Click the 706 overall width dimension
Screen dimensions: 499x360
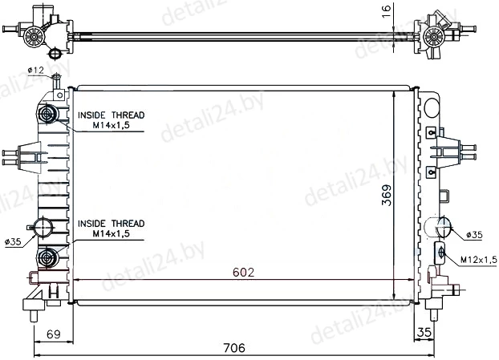pos(234,348)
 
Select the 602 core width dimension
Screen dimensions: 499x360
pos(243,273)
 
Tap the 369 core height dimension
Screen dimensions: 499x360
pos(387,195)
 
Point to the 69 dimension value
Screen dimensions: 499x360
pos(54,334)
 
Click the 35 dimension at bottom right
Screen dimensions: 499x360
pos(424,332)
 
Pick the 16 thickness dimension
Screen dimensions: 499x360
pos(386,12)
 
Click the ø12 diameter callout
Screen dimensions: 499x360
pos(35,70)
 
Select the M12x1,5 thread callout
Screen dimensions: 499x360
pos(479,260)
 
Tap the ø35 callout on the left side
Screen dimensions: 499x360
pos(13,241)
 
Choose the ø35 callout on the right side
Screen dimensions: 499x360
pos(474,235)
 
